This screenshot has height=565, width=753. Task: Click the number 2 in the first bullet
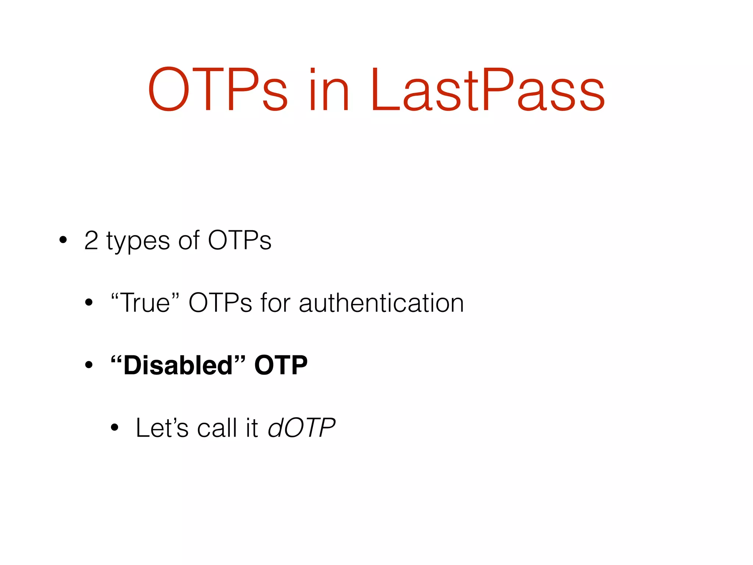(91, 241)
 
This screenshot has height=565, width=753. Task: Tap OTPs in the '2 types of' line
(240, 241)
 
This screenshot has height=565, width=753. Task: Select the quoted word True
(146, 302)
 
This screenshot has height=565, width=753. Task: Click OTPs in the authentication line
(220, 303)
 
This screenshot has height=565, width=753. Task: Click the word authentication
(381, 303)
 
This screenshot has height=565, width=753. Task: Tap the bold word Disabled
(178, 365)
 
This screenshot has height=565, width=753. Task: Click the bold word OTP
(281, 365)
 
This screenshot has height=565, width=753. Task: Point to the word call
(217, 428)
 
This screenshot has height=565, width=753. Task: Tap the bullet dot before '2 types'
(63, 240)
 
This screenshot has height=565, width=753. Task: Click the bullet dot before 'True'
(89, 303)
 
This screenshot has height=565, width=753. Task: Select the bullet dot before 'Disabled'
(89, 365)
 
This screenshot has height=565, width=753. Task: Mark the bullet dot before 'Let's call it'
(115, 427)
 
